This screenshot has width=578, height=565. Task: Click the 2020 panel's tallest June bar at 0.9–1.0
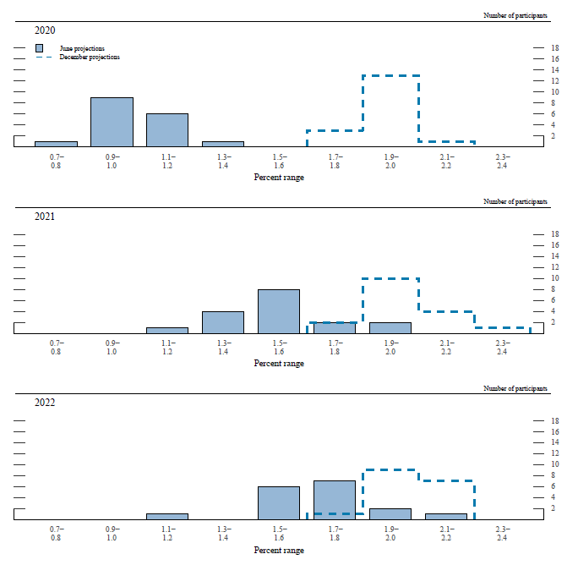click(x=112, y=122)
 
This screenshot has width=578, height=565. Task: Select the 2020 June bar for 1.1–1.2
click(x=167, y=130)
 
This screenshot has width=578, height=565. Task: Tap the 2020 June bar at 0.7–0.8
click(x=56, y=144)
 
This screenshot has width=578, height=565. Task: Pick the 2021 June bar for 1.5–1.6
click(x=279, y=311)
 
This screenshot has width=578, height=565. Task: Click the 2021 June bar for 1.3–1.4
click(x=223, y=322)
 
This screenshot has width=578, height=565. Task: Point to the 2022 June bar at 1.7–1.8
click(x=335, y=499)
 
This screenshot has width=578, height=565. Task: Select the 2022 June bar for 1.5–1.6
click(x=279, y=502)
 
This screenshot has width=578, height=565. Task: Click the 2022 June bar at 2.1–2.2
click(x=446, y=516)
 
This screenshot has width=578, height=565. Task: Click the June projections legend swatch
click(x=40, y=48)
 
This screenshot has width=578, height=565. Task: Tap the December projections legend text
click(x=90, y=57)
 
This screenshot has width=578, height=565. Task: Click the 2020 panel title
click(x=45, y=30)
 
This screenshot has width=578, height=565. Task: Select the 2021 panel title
click(x=45, y=217)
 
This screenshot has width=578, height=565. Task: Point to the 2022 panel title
click(x=45, y=403)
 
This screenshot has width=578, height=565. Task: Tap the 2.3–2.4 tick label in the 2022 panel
click(x=502, y=533)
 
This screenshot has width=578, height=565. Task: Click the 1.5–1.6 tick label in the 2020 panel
click(x=279, y=161)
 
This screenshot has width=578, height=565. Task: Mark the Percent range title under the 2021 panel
click(x=279, y=364)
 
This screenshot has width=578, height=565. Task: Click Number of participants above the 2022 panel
click(x=515, y=388)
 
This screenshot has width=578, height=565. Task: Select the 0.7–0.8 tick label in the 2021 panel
click(x=56, y=347)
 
